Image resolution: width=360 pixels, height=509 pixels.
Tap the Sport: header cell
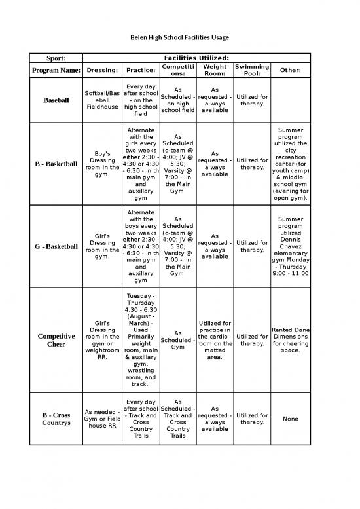[x=54, y=58]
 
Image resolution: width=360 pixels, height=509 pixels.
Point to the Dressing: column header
[x=102, y=70]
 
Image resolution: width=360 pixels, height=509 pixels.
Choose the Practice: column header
[x=141, y=70]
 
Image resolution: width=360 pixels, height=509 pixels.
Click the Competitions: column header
[x=179, y=70]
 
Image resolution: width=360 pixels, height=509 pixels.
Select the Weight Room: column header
[x=215, y=70]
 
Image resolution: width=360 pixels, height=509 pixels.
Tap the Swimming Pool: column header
[x=252, y=70]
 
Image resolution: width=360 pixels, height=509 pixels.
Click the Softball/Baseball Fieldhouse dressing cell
[x=102, y=100]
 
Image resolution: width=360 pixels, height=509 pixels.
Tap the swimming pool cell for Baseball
[x=252, y=100]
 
